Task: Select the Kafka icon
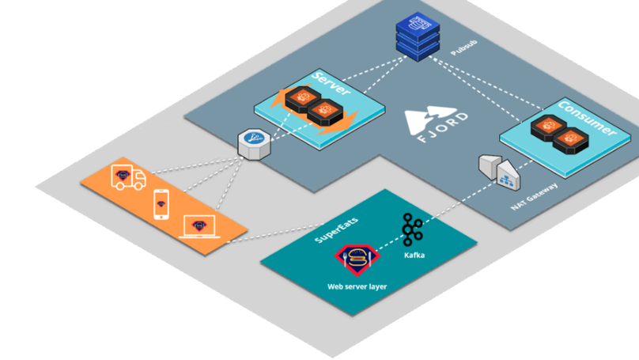point(411,230)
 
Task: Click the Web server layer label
point(357,286)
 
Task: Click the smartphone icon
point(162,204)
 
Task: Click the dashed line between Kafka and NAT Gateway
point(459,203)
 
